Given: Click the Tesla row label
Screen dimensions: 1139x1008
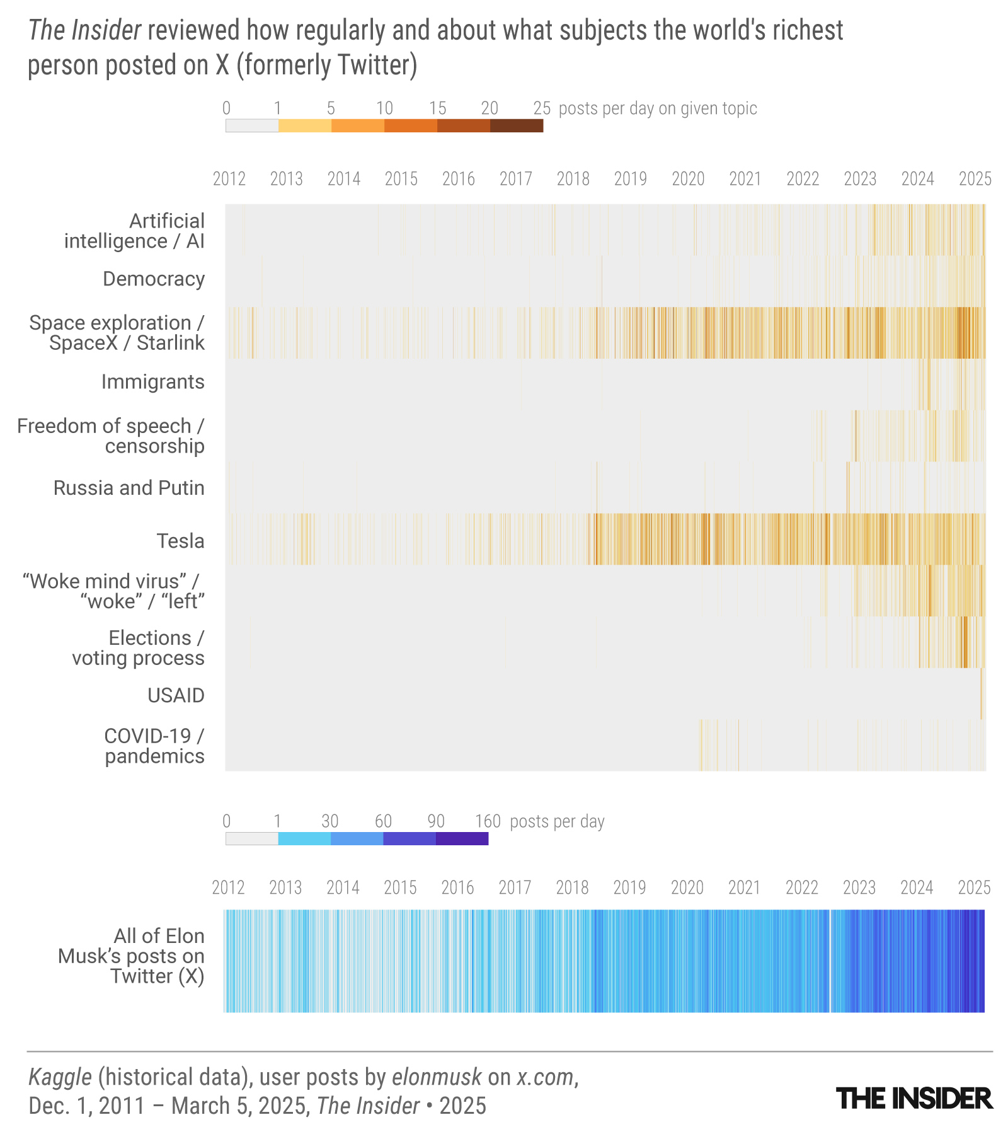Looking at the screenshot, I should pyautogui.click(x=180, y=541).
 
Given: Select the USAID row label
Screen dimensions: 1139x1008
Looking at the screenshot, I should pyautogui.click(x=176, y=695).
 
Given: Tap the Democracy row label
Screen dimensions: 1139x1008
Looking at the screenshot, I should pyautogui.click(x=154, y=279).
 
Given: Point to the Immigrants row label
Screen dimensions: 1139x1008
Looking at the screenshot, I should pyautogui.click(x=153, y=381).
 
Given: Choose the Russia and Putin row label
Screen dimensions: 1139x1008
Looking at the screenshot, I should pyautogui.click(x=129, y=488).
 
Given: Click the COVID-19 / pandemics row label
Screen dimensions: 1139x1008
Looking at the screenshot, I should pyautogui.click(x=154, y=746).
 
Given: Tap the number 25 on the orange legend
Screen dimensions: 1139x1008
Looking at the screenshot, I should pyautogui.click(x=542, y=108).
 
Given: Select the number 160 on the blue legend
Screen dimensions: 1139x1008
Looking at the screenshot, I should pyautogui.click(x=488, y=821).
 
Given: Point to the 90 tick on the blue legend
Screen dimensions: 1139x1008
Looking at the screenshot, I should pyautogui.click(x=436, y=821).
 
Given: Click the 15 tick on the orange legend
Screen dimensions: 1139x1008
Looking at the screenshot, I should pyautogui.click(x=437, y=108).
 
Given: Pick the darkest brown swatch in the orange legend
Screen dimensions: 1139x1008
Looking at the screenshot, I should pyautogui.click(x=517, y=126).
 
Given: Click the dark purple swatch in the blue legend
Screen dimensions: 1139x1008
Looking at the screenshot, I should pyautogui.click(x=462, y=839).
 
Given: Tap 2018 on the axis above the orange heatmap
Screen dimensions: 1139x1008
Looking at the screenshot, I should pyautogui.click(x=573, y=179).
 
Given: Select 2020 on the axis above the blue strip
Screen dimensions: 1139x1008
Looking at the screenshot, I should pyautogui.click(x=687, y=887).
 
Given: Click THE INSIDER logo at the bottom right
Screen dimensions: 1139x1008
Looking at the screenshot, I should pyautogui.click(x=914, y=1099).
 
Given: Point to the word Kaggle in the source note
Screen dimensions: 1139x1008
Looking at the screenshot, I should pyautogui.click(x=60, y=1077).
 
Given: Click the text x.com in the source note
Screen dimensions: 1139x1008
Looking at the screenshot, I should pyautogui.click(x=546, y=1077).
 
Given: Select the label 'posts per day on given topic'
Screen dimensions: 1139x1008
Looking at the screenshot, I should pyautogui.click(x=658, y=108).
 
